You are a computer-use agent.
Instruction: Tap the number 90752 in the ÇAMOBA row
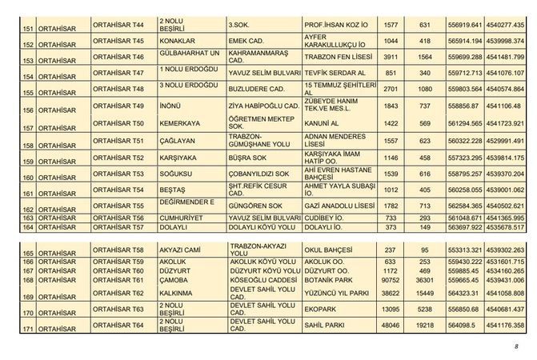pos(391,279)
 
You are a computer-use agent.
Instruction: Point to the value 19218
pos(425,325)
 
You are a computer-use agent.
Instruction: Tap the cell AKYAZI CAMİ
pos(181,250)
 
